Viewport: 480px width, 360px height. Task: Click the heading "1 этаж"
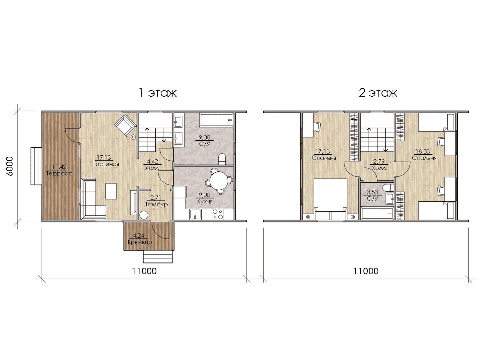158,93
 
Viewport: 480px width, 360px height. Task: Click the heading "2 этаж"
378,93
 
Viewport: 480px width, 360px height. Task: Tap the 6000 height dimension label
10,166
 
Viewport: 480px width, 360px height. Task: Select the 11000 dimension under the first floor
144,271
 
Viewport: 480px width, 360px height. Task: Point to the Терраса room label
59,174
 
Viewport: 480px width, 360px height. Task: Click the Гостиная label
106,164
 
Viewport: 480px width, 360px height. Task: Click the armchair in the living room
125,125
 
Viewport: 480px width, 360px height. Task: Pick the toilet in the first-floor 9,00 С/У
222,159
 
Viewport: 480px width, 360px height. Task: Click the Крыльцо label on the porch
140,242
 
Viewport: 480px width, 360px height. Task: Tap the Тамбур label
156,204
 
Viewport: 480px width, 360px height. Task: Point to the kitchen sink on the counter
196,214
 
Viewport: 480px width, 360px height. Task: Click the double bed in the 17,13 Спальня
330,199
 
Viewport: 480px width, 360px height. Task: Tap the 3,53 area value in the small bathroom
372,192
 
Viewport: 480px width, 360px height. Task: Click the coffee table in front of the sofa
111,191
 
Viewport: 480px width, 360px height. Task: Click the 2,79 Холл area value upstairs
379,162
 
